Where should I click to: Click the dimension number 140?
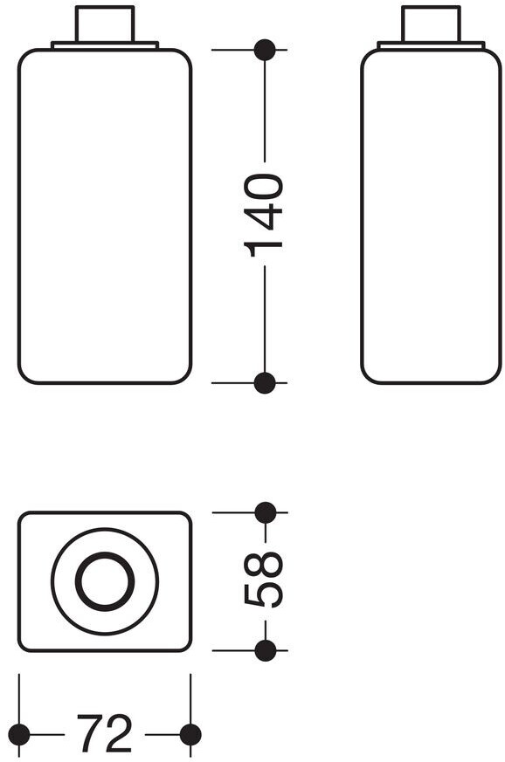click(265, 215)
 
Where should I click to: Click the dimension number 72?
click(105, 734)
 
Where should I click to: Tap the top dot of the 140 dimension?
click(265, 50)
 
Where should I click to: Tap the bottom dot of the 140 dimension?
click(265, 382)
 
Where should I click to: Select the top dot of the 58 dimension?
click(265, 512)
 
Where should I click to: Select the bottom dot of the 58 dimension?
click(265, 650)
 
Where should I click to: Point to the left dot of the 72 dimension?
click(18, 735)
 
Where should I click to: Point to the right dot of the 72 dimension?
click(190, 735)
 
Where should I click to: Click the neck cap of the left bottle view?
click(105, 24)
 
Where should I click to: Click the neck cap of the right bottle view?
click(431, 24)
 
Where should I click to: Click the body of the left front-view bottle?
click(105, 218)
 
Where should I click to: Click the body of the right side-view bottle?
click(431, 218)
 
